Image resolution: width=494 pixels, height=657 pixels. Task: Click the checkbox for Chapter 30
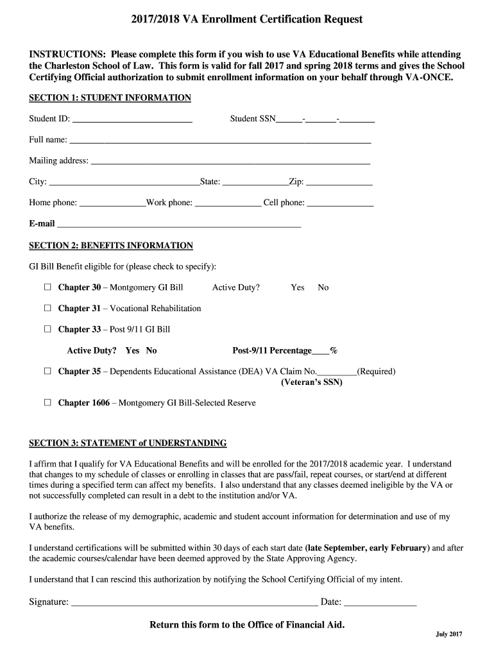tap(47, 287)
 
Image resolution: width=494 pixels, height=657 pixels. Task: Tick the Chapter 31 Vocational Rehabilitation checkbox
tap(47, 308)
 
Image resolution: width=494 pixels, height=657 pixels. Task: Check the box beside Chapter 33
tap(47, 329)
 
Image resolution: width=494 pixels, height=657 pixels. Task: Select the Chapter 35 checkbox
tap(47, 371)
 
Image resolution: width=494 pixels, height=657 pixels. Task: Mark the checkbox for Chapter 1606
tap(47, 403)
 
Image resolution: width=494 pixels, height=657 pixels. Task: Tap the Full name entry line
tap(220, 141)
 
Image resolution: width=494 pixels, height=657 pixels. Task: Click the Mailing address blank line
tap(230, 162)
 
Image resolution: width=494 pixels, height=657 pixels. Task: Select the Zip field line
tap(339, 183)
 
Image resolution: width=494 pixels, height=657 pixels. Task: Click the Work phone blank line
tap(228, 204)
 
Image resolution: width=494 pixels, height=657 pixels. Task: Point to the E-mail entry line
tap(179, 225)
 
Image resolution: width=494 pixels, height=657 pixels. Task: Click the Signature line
tap(194, 603)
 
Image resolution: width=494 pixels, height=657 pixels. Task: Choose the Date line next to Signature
tap(380, 603)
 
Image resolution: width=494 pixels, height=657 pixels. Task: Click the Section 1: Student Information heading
tap(110, 98)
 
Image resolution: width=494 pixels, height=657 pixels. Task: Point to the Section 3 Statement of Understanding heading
tap(128, 443)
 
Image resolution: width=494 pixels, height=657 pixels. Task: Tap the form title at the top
tap(247, 20)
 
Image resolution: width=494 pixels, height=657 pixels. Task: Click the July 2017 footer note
tap(448, 635)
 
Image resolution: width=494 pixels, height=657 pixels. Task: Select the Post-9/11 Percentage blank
tap(321, 352)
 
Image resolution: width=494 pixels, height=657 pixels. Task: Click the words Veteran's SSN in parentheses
tap(312, 382)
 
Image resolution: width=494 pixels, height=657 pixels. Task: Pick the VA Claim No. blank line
tap(337, 372)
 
